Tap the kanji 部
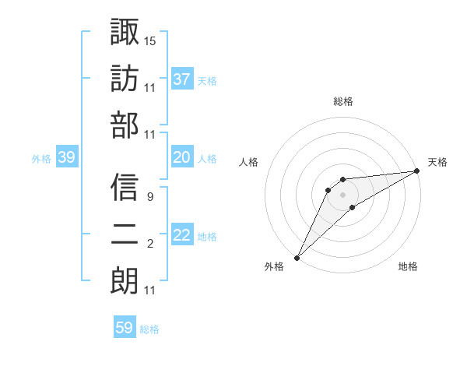pyautogui.click(x=125, y=125)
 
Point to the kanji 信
pyautogui.click(x=125, y=187)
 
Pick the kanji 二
pyautogui.click(x=125, y=234)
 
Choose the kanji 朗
pyautogui.click(x=125, y=281)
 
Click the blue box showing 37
pyautogui.click(x=182, y=79)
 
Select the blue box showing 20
pyautogui.click(x=182, y=157)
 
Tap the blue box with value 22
pyautogui.click(x=182, y=236)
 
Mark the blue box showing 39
pyautogui.click(x=67, y=158)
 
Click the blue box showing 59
pyautogui.click(x=125, y=328)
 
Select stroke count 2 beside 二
pyautogui.click(x=150, y=245)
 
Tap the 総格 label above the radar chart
pyautogui.click(x=342, y=101)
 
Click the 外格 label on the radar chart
pyautogui.click(x=274, y=267)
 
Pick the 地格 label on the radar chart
pyautogui.click(x=408, y=267)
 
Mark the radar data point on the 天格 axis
pyautogui.click(x=416, y=171)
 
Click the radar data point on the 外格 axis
pyautogui.click(x=297, y=258)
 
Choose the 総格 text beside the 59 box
pyautogui.click(x=149, y=329)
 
